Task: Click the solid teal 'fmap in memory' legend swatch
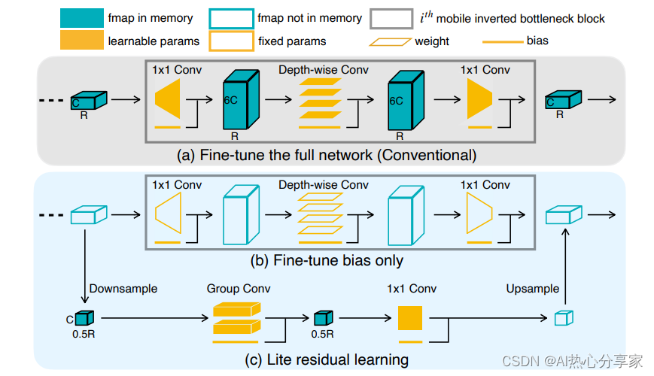pyautogui.click(x=82, y=18)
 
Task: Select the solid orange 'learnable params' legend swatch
pyautogui.click(x=82, y=41)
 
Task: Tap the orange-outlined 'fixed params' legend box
pyautogui.click(x=232, y=41)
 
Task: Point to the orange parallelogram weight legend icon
pyautogui.click(x=391, y=41)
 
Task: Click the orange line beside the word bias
pyautogui.click(x=503, y=41)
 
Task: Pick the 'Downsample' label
pyautogui.click(x=123, y=289)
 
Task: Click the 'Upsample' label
pyautogui.click(x=533, y=289)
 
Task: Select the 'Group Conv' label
pyautogui.click(x=239, y=289)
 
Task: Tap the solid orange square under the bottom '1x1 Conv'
pyautogui.click(x=410, y=318)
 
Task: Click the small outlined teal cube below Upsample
pyautogui.click(x=564, y=318)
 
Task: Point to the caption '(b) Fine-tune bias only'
pyautogui.click(x=327, y=260)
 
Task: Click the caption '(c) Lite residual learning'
pyautogui.click(x=327, y=359)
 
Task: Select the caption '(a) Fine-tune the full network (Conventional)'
pyautogui.click(x=327, y=155)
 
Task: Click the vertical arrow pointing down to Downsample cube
pyautogui.click(x=85, y=266)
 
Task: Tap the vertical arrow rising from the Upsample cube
pyautogui.click(x=565, y=266)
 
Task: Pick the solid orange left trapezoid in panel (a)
pyautogui.click(x=168, y=99)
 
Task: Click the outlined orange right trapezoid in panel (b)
pyautogui.click(x=479, y=214)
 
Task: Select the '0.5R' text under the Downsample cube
pyautogui.click(x=84, y=335)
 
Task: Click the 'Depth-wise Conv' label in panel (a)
pyautogui.click(x=324, y=70)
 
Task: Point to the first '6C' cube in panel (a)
pyautogui.click(x=241, y=99)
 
